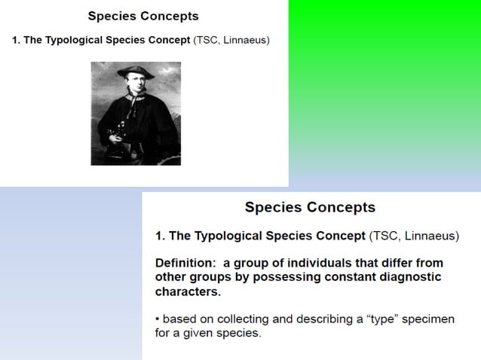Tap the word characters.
[188, 291]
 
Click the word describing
[320, 319]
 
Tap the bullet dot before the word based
[157, 319]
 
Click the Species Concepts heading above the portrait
[143, 16]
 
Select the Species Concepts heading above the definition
[310, 207]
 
